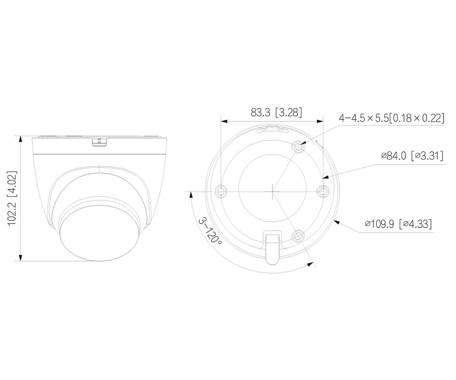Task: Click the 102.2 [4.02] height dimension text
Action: (12, 198)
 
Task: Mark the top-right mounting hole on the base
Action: (298, 147)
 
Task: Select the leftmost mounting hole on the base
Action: (221, 191)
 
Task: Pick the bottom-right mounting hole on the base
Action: (298, 235)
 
